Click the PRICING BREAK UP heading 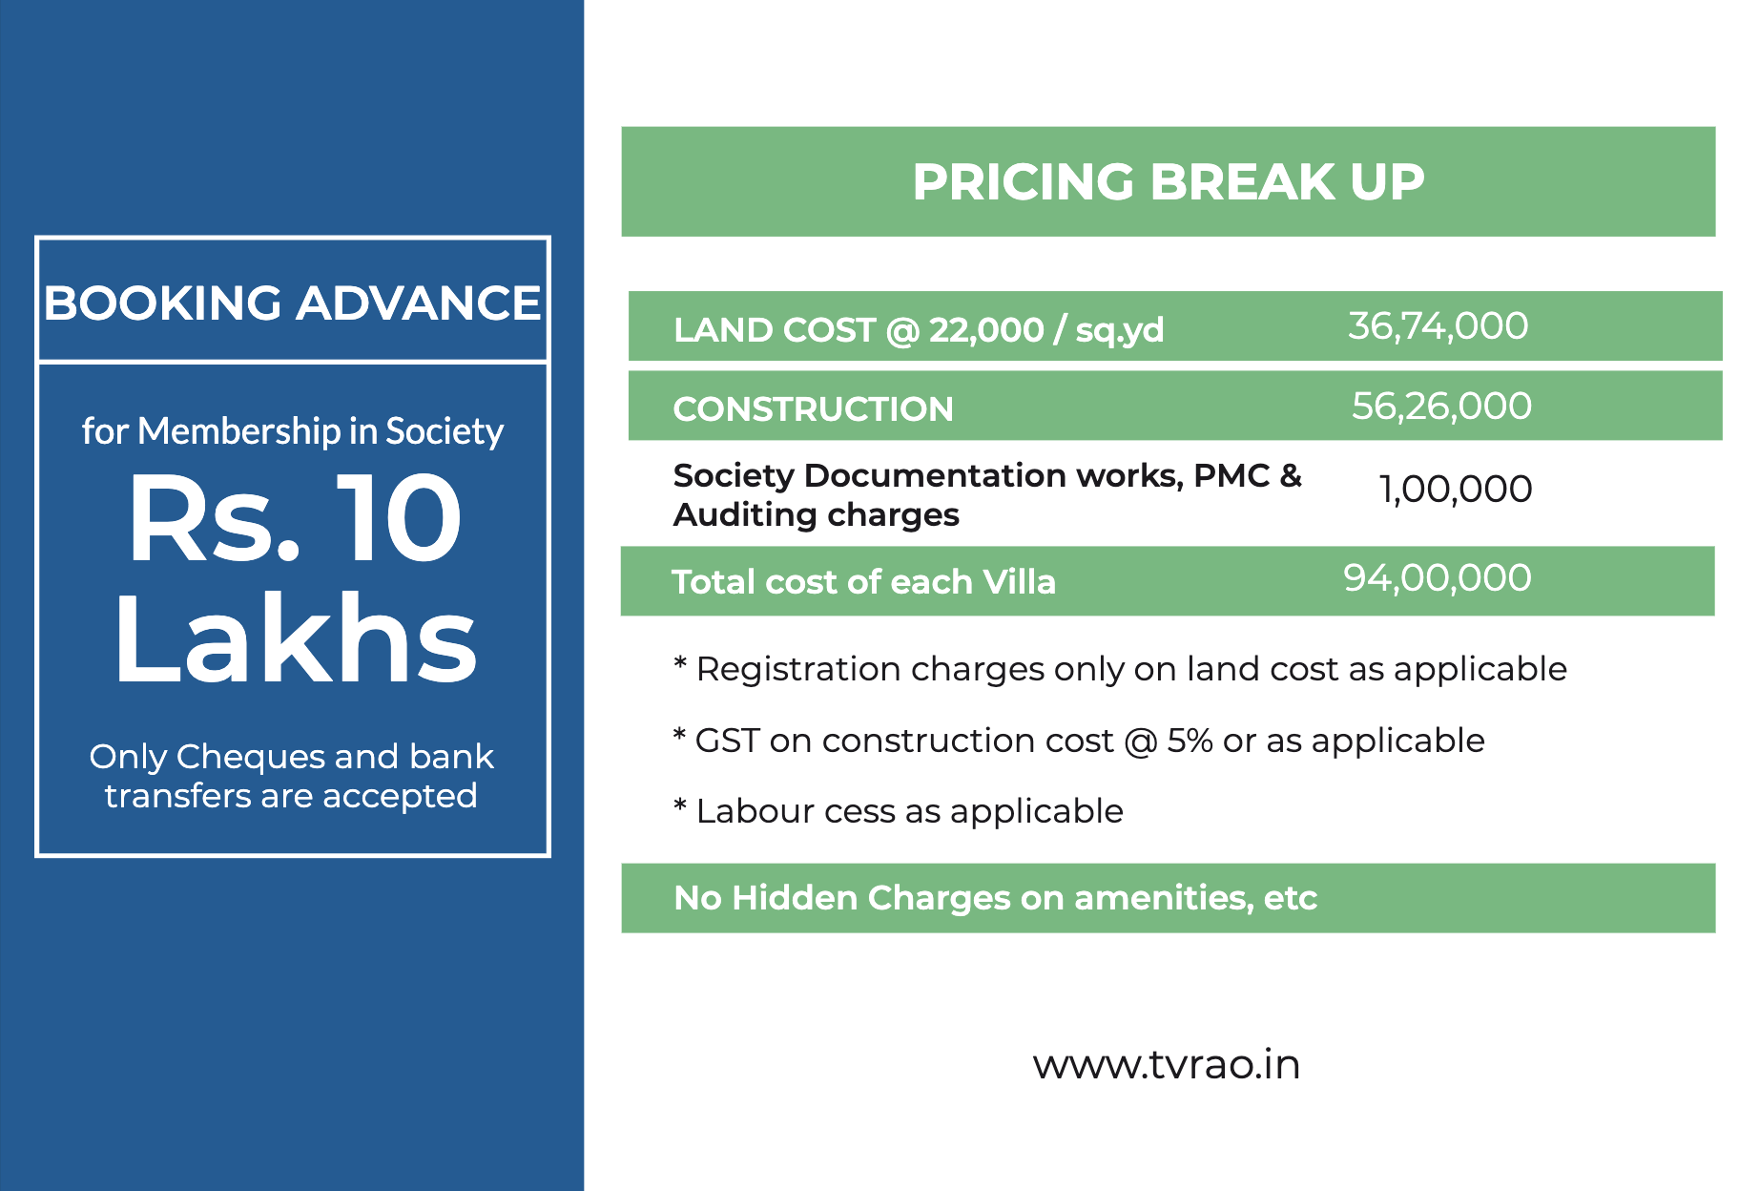coord(1169,181)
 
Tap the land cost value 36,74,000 coord(1438,326)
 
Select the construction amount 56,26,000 coord(1441,407)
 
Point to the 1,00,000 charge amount coord(1456,490)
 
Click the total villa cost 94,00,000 coord(1438,578)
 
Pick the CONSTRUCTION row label coord(813,409)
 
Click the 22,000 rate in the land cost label coord(986,330)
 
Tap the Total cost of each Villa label coord(863,582)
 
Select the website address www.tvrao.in coord(1167,1065)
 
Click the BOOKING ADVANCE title coord(292,303)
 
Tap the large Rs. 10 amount coord(296,518)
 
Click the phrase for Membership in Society coord(293,431)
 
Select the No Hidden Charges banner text coord(995,898)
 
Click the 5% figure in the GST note coord(1190,741)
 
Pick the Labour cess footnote coord(899,811)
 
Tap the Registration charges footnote coord(1120,670)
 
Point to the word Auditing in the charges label coord(746,515)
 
